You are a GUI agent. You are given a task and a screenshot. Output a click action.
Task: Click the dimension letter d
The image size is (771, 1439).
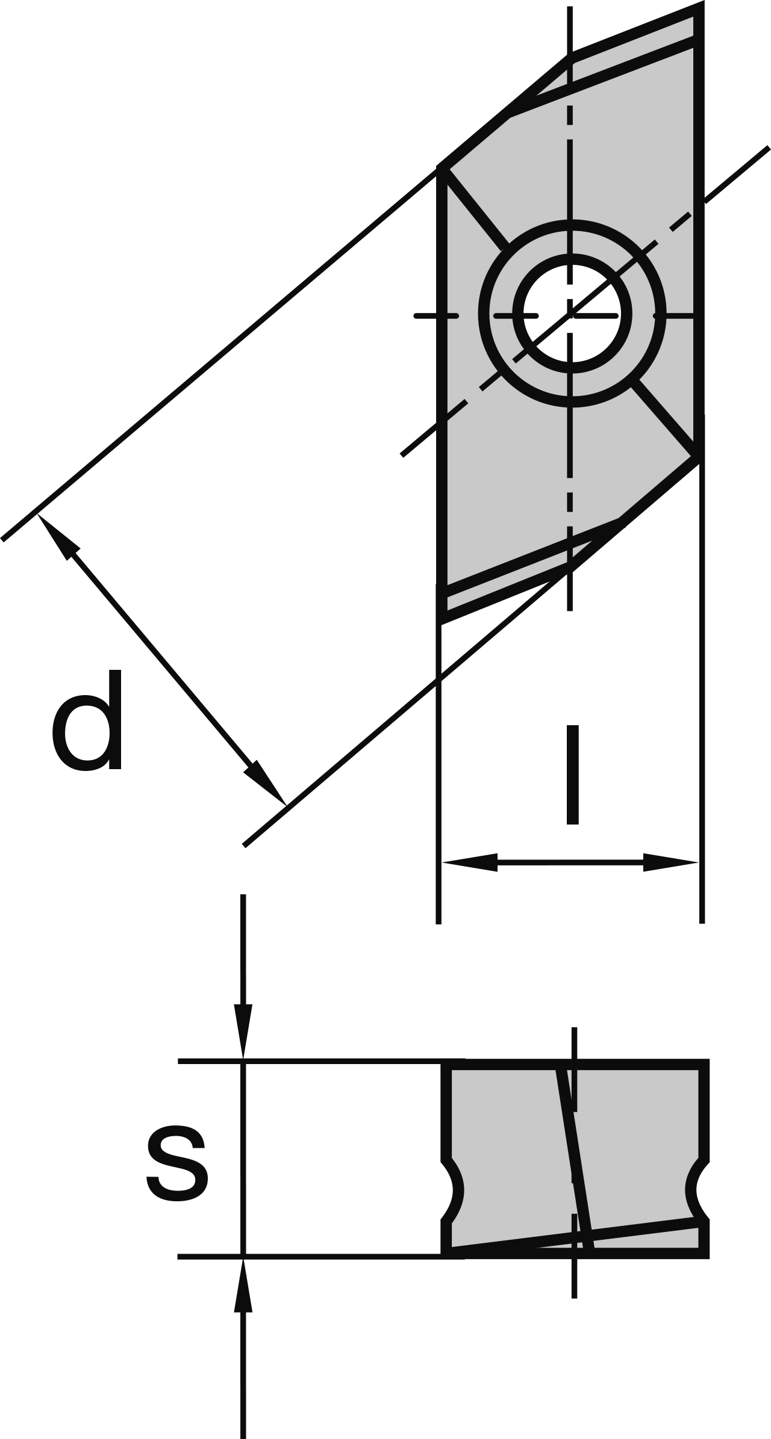click(88, 719)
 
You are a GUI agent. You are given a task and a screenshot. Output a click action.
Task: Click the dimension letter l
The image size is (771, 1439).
click(572, 774)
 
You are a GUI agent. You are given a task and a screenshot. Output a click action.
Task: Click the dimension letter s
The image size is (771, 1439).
click(177, 1167)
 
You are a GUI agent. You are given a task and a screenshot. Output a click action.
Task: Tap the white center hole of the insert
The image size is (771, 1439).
click(572, 314)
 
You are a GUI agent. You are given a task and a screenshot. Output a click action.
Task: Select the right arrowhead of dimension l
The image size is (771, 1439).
click(670, 862)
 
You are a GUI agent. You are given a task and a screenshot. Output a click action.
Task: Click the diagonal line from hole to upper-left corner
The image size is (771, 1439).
click(476, 208)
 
